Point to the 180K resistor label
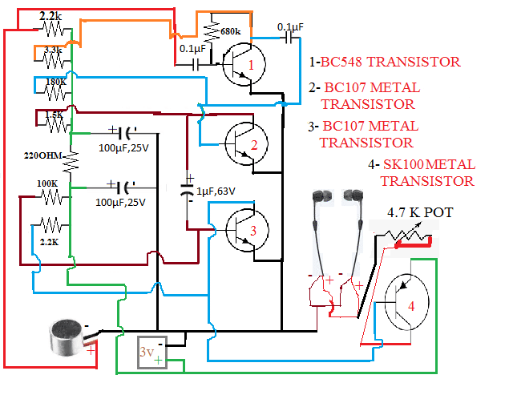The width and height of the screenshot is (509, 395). click(55, 81)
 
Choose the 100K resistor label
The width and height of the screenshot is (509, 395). click(47, 183)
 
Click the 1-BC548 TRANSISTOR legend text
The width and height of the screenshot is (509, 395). click(385, 62)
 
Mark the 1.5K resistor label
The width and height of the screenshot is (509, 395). click(55, 115)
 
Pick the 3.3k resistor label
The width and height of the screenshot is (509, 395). click(53, 49)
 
